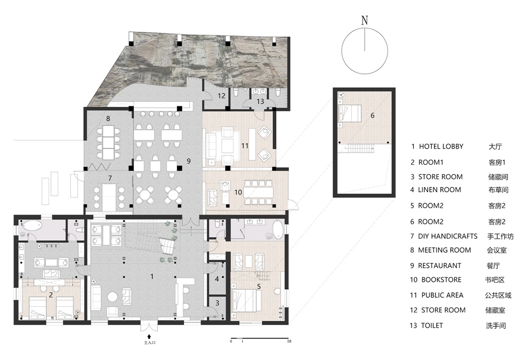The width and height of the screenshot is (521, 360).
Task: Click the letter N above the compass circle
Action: (365, 20)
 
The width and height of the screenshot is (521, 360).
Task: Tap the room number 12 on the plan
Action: (221, 96)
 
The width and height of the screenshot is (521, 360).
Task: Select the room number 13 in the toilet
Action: (260, 101)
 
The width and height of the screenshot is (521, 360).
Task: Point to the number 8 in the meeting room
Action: (108, 118)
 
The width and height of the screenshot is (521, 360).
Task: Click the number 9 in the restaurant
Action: (189, 161)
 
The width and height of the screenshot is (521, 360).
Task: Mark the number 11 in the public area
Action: (245, 145)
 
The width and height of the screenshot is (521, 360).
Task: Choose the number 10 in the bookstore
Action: (238, 192)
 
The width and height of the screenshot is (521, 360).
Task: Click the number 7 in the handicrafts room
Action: (110, 178)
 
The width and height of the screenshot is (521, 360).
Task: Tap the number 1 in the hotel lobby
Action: (152, 276)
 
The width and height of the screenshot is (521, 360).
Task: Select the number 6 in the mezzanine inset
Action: (372, 115)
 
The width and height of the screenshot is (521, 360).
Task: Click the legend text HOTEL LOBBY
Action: (441, 146)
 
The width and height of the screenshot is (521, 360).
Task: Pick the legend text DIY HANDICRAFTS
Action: (448, 236)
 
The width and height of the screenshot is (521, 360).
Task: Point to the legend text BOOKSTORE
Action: (441, 280)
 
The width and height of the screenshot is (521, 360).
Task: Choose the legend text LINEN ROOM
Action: (439, 190)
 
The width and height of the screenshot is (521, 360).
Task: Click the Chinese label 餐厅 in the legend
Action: (493, 266)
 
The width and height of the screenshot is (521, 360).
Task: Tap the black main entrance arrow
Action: (149, 336)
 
